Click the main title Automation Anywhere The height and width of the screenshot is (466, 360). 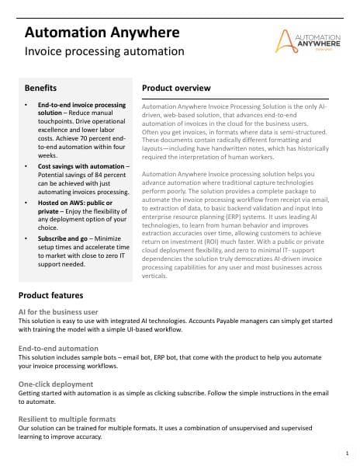click(x=102, y=32)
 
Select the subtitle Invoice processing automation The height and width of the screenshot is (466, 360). click(x=105, y=52)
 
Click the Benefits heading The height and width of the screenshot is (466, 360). click(x=40, y=88)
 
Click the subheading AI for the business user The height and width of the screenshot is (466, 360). click(x=64, y=311)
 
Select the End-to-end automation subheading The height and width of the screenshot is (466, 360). click(x=58, y=348)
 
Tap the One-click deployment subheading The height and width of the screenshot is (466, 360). click(x=57, y=384)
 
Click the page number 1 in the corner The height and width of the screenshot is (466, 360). click(x=346, y=452)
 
